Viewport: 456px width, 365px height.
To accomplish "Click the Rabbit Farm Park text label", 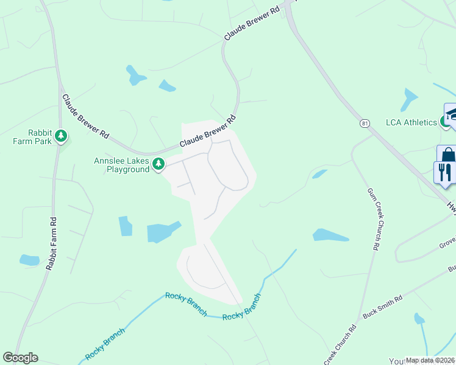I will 41,137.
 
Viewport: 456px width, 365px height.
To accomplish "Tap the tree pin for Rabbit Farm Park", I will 61,136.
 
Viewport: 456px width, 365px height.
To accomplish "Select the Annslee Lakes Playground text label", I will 121,165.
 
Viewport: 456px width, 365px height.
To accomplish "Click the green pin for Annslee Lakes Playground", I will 159,164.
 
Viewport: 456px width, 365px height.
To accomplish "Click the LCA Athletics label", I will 411,122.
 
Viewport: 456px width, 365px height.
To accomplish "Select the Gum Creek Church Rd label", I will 374,220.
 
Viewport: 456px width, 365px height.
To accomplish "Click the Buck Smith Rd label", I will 382,308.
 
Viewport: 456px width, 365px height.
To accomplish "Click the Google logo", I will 20,358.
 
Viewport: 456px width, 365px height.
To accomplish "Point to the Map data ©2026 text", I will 430,360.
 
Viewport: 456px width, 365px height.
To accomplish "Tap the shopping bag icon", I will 447,155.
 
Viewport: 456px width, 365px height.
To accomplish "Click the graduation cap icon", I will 451,114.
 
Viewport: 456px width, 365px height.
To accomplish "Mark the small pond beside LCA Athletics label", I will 410,97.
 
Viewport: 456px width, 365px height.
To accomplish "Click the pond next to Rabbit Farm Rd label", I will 29,260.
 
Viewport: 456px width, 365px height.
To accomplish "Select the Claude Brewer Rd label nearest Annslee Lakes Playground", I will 207,133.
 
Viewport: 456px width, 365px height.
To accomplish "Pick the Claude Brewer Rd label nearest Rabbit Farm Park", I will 85,116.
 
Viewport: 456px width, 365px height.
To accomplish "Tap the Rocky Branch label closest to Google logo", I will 105,344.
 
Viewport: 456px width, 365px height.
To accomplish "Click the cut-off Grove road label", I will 446,245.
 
